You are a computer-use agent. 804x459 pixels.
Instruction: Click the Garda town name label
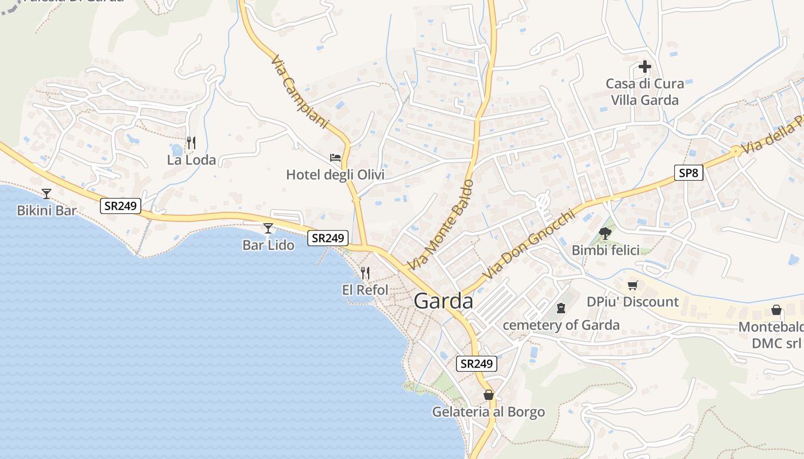click(443, 301)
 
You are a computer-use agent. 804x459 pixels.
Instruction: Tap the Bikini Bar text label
click(47, 211)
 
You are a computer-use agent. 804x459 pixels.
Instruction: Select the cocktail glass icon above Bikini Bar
click(47, 194)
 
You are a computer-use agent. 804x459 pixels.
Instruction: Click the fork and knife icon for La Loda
click(191, 143)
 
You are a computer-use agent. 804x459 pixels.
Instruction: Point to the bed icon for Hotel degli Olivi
click(335, 157)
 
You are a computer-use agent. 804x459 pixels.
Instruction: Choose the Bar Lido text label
click(268, 245)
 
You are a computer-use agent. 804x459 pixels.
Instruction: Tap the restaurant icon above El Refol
click(365, 273)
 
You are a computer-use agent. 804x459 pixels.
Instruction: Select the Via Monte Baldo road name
click(440, 225)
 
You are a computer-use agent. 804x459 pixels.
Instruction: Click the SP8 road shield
click(688, 172)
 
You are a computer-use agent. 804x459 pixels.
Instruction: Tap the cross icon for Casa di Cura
click(645, 67)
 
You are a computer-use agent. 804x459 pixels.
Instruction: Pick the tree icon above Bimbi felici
click(605, 233)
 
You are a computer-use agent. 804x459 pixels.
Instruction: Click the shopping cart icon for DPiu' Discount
click(632, 285)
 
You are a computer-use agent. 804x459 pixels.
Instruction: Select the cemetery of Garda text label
click(561, 325)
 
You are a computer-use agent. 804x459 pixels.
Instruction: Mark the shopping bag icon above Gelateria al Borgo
click(488, 395)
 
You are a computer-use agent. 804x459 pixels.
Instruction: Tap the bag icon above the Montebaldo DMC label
click(776, 310)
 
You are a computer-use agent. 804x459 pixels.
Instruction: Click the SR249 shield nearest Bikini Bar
click(121, 206)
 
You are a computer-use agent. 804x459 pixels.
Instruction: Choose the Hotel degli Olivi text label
click(335, 174)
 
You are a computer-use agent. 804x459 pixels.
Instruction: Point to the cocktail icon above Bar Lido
click(268, 228)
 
